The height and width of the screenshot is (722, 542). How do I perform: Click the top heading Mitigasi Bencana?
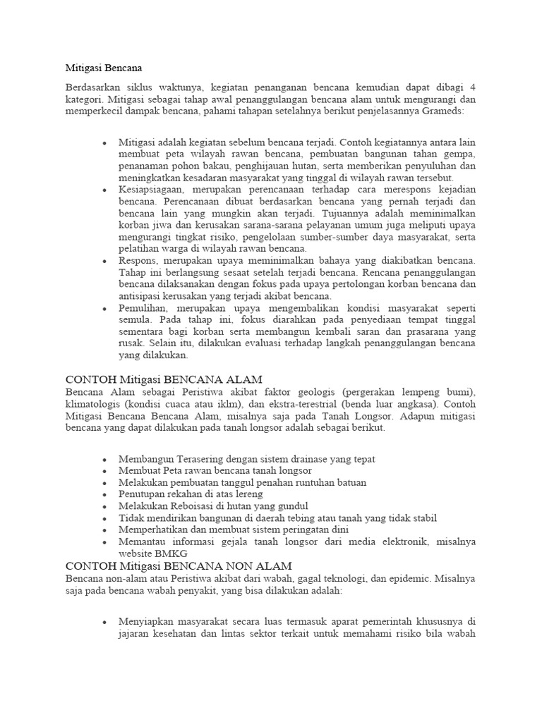click(x=104, y=68)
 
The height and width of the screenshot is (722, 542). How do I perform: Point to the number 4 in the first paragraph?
click(x=472, y=87)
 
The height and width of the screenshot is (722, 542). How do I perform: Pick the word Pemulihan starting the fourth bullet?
click(x=143, y=307)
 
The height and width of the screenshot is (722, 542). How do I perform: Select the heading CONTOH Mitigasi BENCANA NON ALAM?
click(x=179, y=565)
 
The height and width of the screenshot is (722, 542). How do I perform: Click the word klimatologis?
click(x=93, y=404)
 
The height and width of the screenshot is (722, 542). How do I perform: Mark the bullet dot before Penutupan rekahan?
click(x=104, y=495)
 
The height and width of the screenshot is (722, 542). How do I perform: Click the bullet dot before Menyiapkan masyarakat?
click(x=104, y=623)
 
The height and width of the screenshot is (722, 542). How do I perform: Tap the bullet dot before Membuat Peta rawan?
click(x=104, y=471)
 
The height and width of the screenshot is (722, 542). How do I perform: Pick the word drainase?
click(x=299, y=458)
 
